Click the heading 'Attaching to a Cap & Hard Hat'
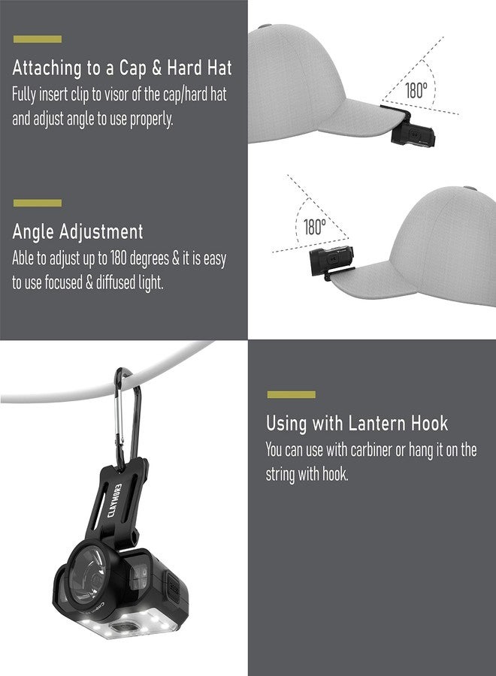click(x=122, y=68)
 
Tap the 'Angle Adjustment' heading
click(x=77, y=232)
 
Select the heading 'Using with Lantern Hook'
click(x=357, y=424)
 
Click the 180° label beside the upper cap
click(x=416, y=91)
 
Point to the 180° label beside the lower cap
click(x=315, y=227)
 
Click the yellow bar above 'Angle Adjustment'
click(x=38, y=203)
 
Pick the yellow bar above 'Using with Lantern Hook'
click(x=291, y=394)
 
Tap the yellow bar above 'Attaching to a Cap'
click(x=38, y=39)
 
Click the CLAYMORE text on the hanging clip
click(x=114, y=500)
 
